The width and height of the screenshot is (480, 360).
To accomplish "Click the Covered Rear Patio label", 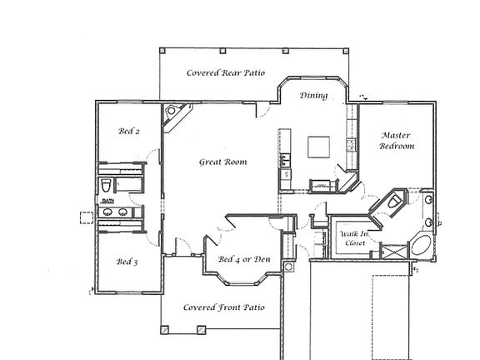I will click(225, 73).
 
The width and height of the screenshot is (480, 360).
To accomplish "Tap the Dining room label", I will click(313, 95).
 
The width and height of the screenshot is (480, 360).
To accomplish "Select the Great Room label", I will click(222, 162).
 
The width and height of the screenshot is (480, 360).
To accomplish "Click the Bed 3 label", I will click(127, 262).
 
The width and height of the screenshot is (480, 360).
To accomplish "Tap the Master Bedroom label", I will click(397, 140).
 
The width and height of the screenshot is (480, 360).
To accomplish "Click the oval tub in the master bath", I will click(421, 247).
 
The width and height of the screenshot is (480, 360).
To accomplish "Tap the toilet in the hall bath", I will click(107, 184).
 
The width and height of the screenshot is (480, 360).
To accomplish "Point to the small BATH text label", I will click(107, 201).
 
